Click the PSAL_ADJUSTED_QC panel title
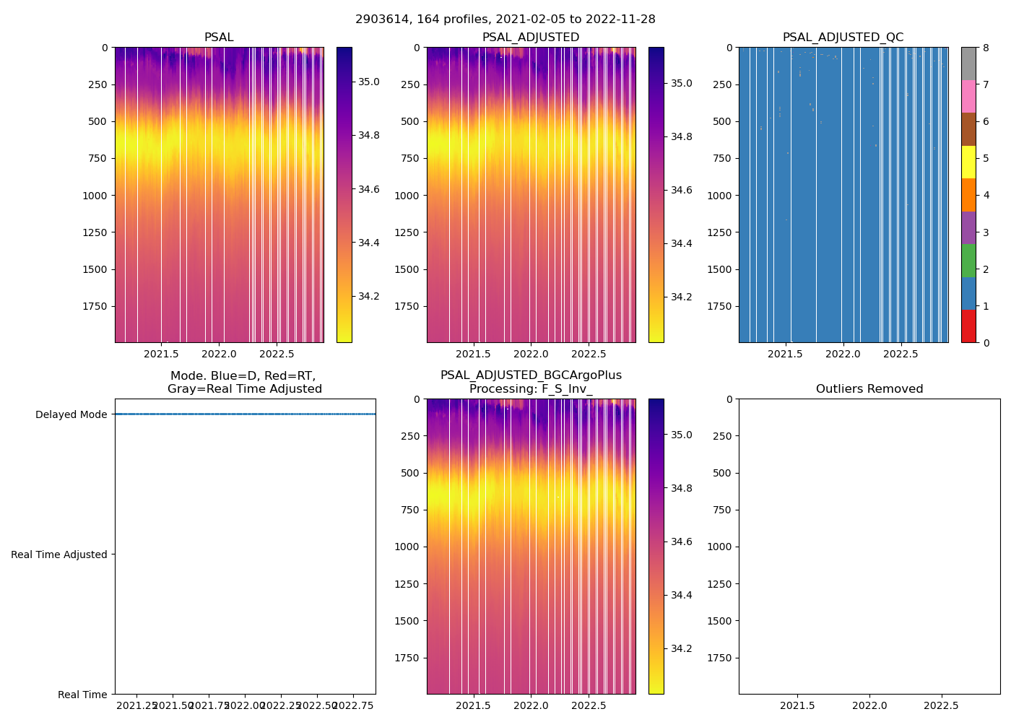[x=843, y=38]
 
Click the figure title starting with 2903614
[x=506, y=19]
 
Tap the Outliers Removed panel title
[x=869, y=389]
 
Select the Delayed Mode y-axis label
[x=71, y=414]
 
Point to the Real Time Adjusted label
[x=59, y=554]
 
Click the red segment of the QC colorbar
[x=968, y=326]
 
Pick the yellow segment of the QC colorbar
[x=968, y=162]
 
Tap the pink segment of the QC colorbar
[x=968, y=97]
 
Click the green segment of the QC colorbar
[x=968, y=261]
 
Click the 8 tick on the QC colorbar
[x=985, y=48]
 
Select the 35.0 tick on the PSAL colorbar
[x=369, y=82]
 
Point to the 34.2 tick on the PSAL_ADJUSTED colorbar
[x=681, y=297]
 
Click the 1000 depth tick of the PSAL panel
[x=95, y=196]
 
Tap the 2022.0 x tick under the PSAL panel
[x=219, y=354]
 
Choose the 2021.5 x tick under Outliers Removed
[x=798, y=705]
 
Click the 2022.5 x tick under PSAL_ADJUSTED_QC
[x=901, y=354]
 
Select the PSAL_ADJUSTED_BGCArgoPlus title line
[x=531, y=375]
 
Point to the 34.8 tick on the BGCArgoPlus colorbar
[x=681, y=488]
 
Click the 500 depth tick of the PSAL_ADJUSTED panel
[x=409, y=121]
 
